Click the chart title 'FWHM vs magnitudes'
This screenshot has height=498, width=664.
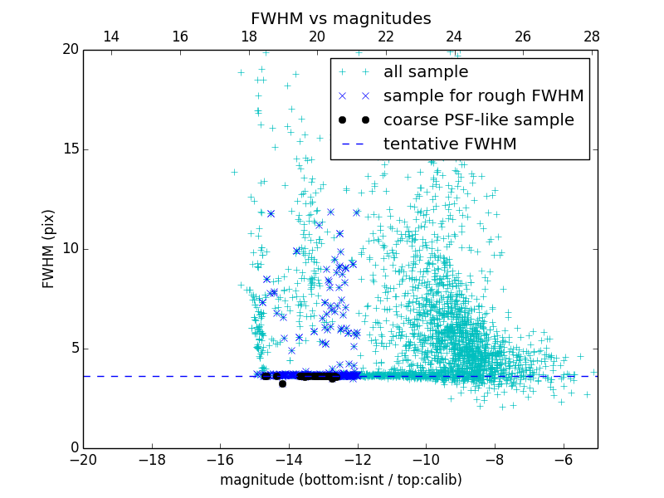[340, 18]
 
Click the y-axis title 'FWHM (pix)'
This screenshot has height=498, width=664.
[49, 249]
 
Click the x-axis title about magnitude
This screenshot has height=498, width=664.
[340, 480]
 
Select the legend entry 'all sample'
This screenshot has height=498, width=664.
[426, 72]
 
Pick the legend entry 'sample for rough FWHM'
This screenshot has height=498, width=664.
[483, 96]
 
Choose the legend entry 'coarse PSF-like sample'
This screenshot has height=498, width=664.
[478, 120]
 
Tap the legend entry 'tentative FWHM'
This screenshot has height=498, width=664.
[450, 144]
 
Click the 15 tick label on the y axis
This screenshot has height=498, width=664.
[70, 149]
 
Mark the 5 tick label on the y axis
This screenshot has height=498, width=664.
[73, 349]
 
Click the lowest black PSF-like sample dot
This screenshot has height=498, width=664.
[282, 383]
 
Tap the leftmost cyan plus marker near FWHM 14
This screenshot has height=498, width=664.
[234, 172]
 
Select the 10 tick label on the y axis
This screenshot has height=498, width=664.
[70, 249]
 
